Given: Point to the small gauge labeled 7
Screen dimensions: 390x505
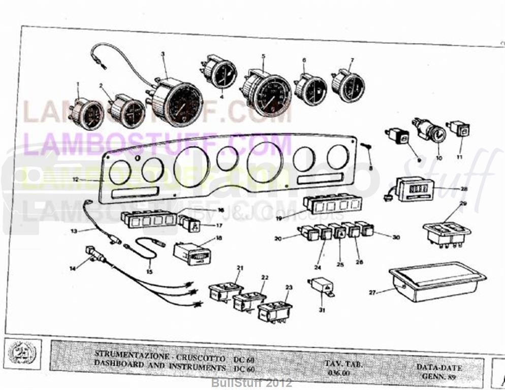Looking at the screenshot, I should coord(349,86).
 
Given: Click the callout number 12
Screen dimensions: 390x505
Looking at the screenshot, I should coord(75,180).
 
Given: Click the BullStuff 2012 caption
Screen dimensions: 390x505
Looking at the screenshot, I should coord(252,382).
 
